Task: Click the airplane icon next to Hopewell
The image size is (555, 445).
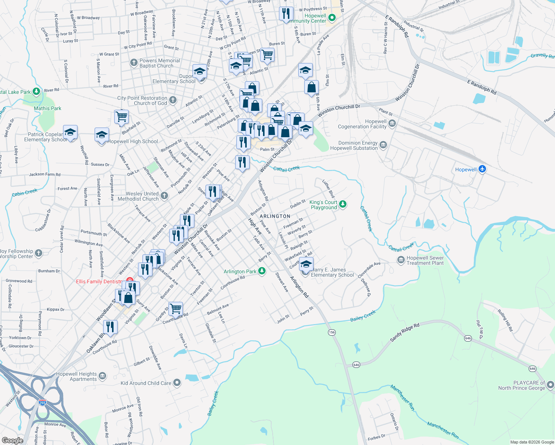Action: (482, 169)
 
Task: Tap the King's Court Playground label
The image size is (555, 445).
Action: (324, 205)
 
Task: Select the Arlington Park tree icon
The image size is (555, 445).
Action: (262, 271)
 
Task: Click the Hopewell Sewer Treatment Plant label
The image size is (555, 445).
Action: (425, 260)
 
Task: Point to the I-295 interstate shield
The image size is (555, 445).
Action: (43, 402)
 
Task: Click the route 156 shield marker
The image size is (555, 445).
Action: (332, 332)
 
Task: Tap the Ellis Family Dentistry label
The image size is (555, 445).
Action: (99, 281)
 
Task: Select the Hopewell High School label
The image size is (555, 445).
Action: (132, 141)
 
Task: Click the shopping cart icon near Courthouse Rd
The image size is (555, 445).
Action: (175, 308)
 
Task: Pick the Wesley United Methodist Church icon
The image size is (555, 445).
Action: (164, 195)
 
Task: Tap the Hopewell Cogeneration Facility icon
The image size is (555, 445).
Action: (392, 123)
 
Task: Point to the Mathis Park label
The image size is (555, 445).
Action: (47, 108)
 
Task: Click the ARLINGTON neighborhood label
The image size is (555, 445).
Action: (275, 216)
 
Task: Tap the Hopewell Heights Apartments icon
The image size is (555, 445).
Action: (102, 376)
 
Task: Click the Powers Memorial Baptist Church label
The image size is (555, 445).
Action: (160, 63)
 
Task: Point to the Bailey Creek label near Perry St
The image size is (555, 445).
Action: (363, 316)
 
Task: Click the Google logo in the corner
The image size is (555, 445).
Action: (12, 440)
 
